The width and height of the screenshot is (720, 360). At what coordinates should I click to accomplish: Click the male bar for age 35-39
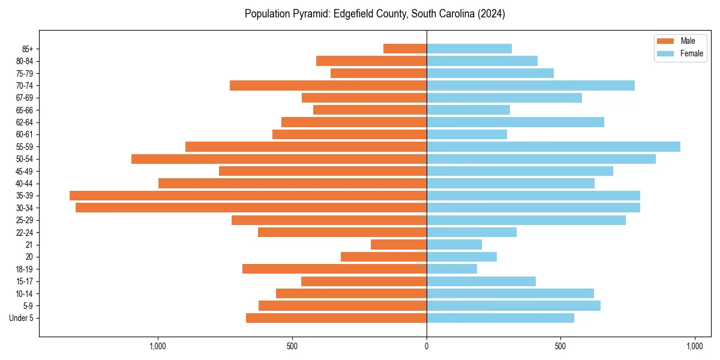[x=248, y=196]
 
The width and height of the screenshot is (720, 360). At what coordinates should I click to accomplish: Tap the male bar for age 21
[x=398, y=245]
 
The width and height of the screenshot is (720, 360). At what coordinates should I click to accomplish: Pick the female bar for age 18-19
[x=451, y=269]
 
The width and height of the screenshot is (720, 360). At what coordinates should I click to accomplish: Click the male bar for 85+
[x=405, y=49]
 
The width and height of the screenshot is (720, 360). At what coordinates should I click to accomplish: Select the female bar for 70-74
[x=530, y=85]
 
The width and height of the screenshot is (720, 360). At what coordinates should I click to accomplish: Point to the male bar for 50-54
[x=279, y=159]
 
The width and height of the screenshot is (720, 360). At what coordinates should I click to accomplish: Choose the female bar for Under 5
[x=500, y=318]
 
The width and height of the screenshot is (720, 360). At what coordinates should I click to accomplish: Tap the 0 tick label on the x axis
[x=427, y=346]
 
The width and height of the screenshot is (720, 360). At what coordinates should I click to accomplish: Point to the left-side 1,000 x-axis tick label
[x=158, y=346]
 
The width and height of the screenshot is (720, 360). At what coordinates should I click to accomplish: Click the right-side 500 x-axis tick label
[x=560, y=346]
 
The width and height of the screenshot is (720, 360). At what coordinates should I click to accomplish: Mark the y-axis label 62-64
[x=25, y=122]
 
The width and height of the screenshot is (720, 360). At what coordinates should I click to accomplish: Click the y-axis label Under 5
[x=22, y=318]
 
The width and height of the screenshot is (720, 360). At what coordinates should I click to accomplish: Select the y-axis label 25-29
[x=25, y=220]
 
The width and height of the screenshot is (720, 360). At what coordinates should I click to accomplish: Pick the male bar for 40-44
[x=292, y=183]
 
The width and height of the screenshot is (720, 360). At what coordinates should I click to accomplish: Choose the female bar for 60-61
[x=467, y=134]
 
